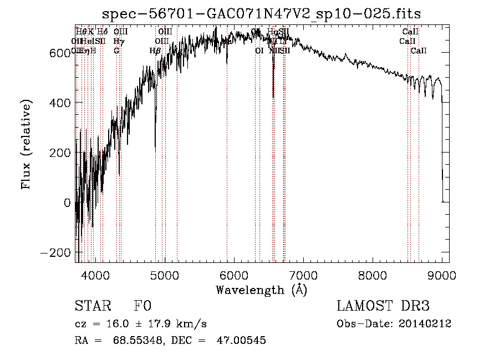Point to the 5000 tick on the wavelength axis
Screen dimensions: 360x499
click(165, 275)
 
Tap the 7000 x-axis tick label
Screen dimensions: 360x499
click(303, 275)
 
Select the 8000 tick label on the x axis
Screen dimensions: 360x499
click(373, 275)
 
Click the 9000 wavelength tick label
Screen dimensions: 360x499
click(442, 275)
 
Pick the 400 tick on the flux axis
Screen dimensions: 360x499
click(62, 103)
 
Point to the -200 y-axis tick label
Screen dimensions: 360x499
click(58, 252)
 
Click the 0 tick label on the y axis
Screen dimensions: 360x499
click(67, 202)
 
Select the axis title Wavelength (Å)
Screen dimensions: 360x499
click(261, 290)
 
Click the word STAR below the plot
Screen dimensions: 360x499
click(92, 306)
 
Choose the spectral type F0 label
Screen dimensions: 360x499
click(142, 306)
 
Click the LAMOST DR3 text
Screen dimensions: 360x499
click(383, 306)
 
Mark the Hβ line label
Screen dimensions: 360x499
click(155, 51)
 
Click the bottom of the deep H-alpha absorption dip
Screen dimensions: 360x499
click(273, 97)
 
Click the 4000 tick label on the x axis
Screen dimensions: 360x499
click(95, 275)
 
